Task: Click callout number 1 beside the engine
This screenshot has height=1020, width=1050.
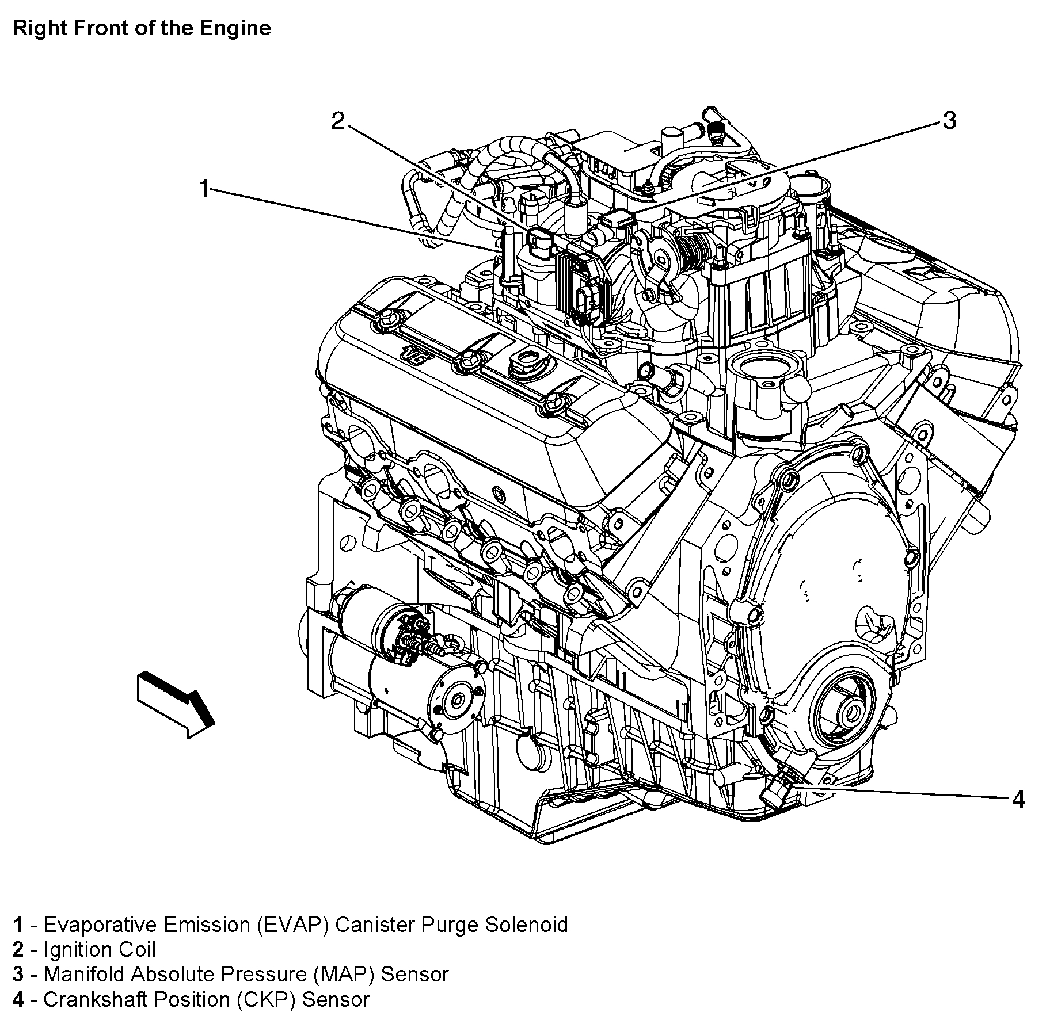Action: click(x=204, y=189)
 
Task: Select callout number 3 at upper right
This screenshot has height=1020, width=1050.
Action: click(x=949, y=121)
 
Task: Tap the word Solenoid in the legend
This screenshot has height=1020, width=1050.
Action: click(x=526, y=925)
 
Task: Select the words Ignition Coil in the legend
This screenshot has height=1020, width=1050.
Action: click(x=100, y=949)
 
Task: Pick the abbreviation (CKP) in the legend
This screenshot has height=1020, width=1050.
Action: click(x=265, y=999)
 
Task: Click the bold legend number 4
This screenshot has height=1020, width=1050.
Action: click(x=18, y=999)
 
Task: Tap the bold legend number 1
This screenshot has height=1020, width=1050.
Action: click(x=18, y=925)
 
